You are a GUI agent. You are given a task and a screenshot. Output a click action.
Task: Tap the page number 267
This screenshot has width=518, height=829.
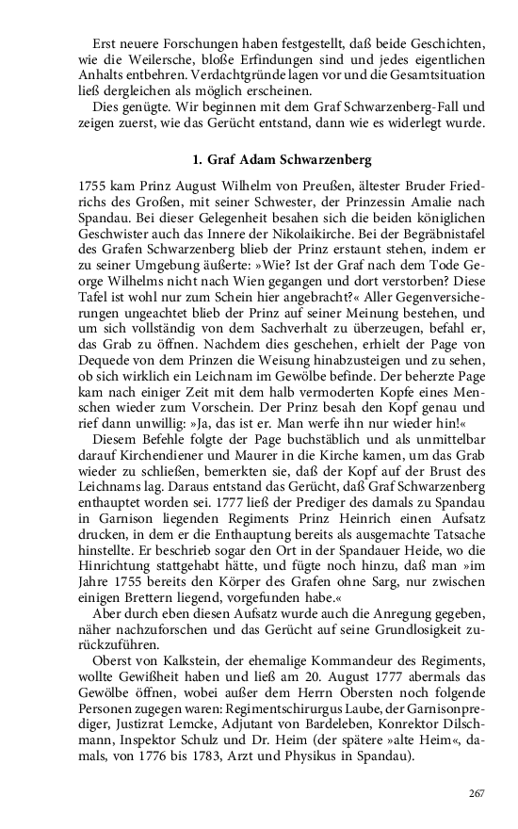(476, 792)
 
